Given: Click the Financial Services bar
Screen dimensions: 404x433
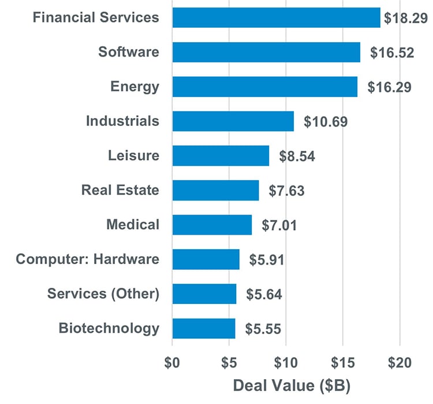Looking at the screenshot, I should tap(276, 17).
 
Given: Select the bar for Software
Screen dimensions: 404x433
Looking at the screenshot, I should tap(266, 52).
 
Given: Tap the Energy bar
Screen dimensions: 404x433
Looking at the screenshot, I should tap(264, 87).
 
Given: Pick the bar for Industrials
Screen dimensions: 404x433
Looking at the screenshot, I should tap(233, 121).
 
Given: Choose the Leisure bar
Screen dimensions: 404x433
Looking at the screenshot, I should tap(221, 156).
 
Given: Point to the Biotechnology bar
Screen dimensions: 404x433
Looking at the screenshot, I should tap(203, 328).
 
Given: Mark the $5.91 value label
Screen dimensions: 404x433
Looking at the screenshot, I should tap(267, 260).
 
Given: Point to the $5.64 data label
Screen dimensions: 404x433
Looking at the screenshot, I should tap(264, 294).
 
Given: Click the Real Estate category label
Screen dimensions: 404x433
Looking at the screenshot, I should tap(120, 190).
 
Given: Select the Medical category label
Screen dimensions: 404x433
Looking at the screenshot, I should tap(133, 224).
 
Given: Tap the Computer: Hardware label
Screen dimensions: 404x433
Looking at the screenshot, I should tap(87, 259).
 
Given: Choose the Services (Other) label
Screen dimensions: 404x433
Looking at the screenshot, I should tap(103, 294).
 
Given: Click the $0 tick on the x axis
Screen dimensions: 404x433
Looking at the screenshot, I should tap(172, 363).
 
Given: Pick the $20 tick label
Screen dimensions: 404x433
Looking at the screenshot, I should tap(400, 363).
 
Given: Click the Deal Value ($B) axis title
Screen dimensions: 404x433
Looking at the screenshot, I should tap(291, 385).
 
